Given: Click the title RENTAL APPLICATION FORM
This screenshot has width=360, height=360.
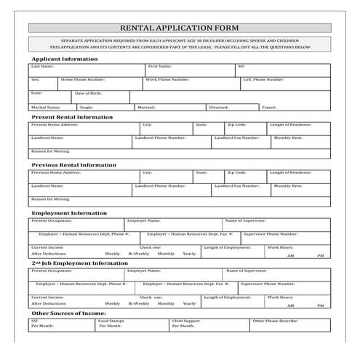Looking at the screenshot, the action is (x=180, y=28).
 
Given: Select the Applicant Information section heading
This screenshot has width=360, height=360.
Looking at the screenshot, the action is (x=64, y=58).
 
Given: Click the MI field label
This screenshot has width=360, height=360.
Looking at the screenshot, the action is (x=241, y=65).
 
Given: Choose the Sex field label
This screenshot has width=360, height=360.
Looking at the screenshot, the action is (x=35, y=79).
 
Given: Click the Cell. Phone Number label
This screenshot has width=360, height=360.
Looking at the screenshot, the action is (x=263, y=79).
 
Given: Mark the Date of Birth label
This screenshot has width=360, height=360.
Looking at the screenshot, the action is (x=89, y=93).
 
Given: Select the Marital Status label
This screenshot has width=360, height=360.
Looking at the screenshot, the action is (x=45, y=107).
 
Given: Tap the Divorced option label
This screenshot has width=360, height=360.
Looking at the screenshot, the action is (x=218, y=107).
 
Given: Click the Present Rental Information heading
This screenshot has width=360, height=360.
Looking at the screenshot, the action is (x=72, y=116).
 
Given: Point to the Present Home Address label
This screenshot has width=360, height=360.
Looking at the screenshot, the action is (x=55, y=124).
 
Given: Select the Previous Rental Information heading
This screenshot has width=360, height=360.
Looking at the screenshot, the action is (x=73, y=164).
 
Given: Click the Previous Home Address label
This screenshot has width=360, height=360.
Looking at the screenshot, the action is (x=55, y=172).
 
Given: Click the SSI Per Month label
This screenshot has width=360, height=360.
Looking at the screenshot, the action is (x=41, y=323).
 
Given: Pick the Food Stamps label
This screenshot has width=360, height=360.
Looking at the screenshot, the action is (x=113, y=320).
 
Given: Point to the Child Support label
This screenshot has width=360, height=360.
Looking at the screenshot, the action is (x=186, y=320).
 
